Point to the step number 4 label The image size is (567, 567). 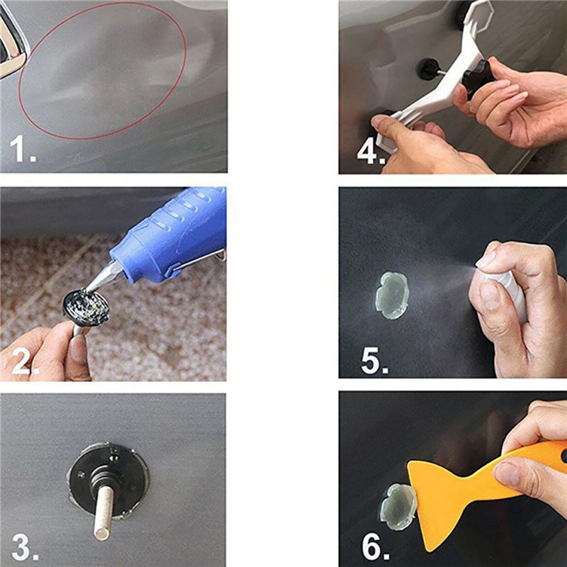[369, 151]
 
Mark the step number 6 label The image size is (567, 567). [374, 548]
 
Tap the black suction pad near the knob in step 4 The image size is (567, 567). [428, 69]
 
